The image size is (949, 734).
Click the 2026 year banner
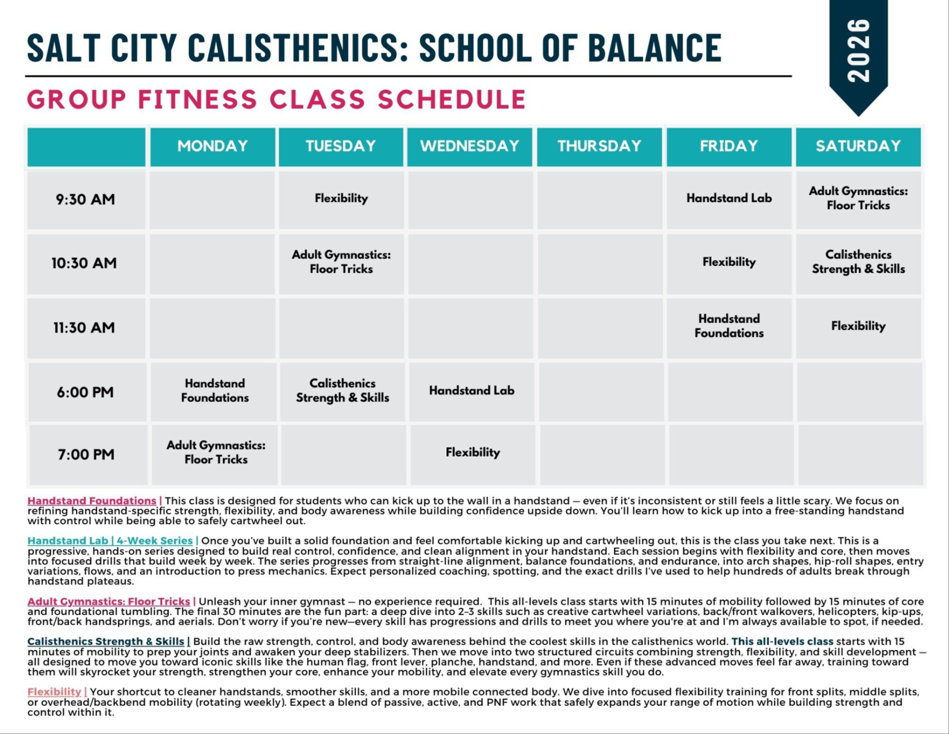coord(858,51)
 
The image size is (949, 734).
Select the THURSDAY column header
coord(599,146)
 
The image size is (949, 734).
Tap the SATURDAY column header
coord(858,146)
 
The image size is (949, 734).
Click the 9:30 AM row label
coord(85,199)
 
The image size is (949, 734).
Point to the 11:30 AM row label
coord(84,327)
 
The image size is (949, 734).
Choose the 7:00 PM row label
coord(86,454)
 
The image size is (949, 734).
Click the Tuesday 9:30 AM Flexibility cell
coord(341,198)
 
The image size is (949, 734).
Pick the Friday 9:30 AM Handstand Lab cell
coord(728,198)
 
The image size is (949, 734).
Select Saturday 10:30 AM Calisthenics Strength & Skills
coord(858,262)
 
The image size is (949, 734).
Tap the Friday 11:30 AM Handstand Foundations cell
coord(728,326)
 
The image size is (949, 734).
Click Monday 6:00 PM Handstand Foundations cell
coord(214,390)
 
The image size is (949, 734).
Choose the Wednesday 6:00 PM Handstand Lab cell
coord(471,390)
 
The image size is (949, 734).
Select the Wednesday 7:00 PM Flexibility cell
coord(472,452)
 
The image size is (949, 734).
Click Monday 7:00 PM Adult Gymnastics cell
coord(215,452)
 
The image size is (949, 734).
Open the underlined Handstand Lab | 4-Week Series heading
coord(110,541)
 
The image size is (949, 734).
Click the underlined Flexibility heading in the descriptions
coord(54,692)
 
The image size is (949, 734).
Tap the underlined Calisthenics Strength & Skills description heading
coord(105,642)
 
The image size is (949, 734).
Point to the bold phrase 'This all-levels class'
coord(782,642)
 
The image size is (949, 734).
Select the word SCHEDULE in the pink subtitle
coord(451,99)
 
